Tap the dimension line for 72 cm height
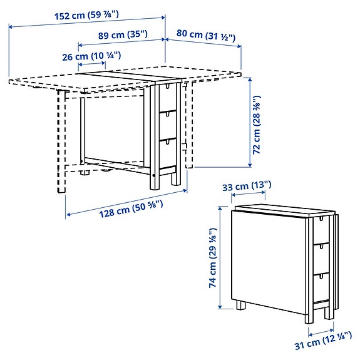point(249,121)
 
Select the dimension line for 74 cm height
point(220,257)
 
